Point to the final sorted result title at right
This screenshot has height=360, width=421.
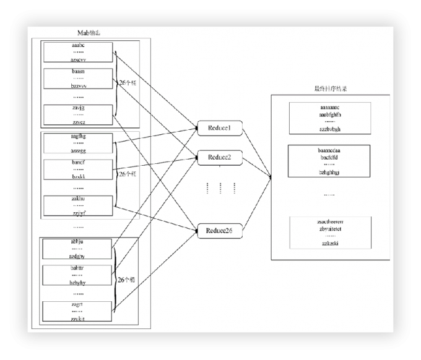pyautogui.click(x=330, y=89)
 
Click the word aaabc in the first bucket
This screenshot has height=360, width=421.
pyautogui.click(x=78, y=46)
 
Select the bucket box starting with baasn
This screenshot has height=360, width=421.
pyautogui.click(x=78, y=79)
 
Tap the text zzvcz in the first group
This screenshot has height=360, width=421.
pyautogui.click(x=78, y=122)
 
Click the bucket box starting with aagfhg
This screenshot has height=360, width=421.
pyautogui.click(x=78, y=143)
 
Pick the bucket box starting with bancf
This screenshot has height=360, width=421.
pyautogui.click(x=78, y=169)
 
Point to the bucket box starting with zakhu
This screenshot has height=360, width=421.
pyautogui.click(x=78, y=205)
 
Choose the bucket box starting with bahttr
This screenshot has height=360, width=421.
pyautogui.click(x=78, y=275)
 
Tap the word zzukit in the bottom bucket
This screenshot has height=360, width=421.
pyautogui.click(x=78, y=319)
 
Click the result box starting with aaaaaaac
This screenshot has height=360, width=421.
pyautogui.click(x=330, y=118)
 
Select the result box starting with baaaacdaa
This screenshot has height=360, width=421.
pyautogui.click(x=330, y=161)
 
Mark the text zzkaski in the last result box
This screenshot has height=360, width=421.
pyautogui.click(x=330, y=244)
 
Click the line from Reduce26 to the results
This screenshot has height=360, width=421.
pyautogui.click(x=256, y=204)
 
